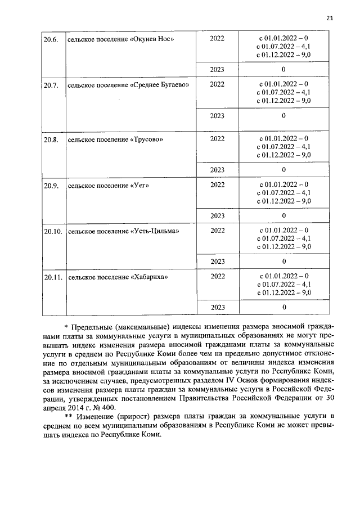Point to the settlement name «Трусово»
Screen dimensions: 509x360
click(147, 139)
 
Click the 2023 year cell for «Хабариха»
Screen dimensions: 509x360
click(217, 308)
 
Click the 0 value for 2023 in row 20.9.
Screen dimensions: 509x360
click(283, 215)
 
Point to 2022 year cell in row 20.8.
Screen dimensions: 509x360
click(217, 138)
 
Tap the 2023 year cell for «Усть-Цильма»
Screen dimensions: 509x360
click(217, 262)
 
